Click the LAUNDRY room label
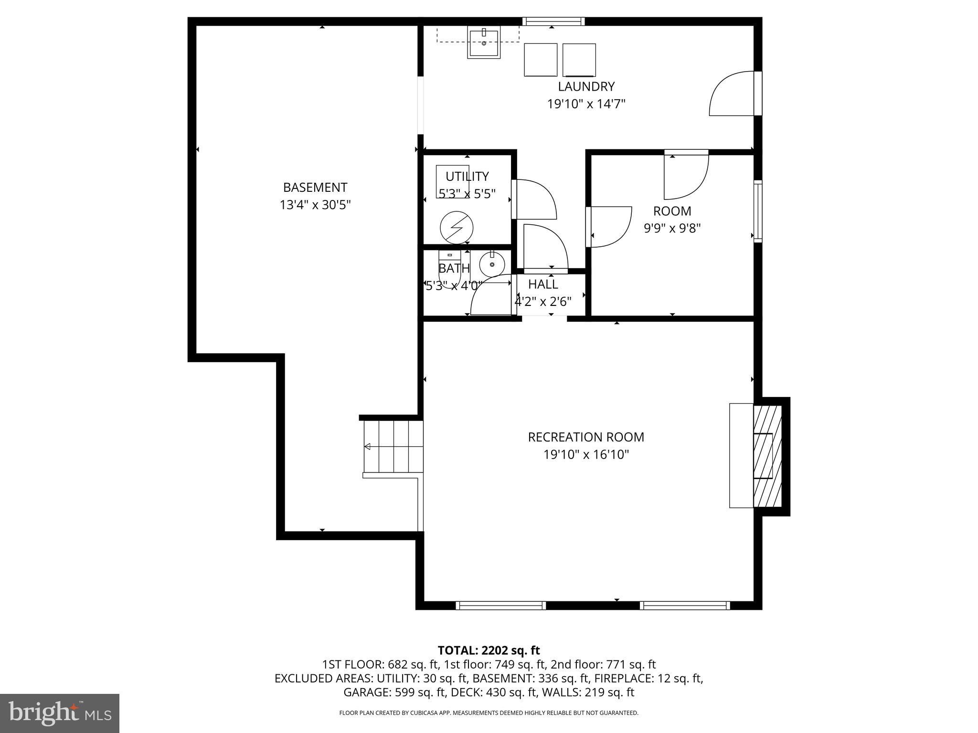tap(586, 86)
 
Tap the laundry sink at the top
tap(484, 43)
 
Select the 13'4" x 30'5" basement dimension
tap(315, 205)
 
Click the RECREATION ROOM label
tap(586, 437)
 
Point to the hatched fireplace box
tap(767, 456)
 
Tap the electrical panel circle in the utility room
tap(456, 228)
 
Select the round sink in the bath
tap(492, 264)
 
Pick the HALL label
tap(543, 284)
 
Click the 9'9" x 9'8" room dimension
tap(672, 228)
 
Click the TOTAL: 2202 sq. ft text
tap(489, 650)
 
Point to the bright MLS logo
tap(60, 713)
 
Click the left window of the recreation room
tap(500, 605)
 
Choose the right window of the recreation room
tap(685, 605)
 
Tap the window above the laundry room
tap(553, 21)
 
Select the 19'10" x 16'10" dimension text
tap(586, 454)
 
